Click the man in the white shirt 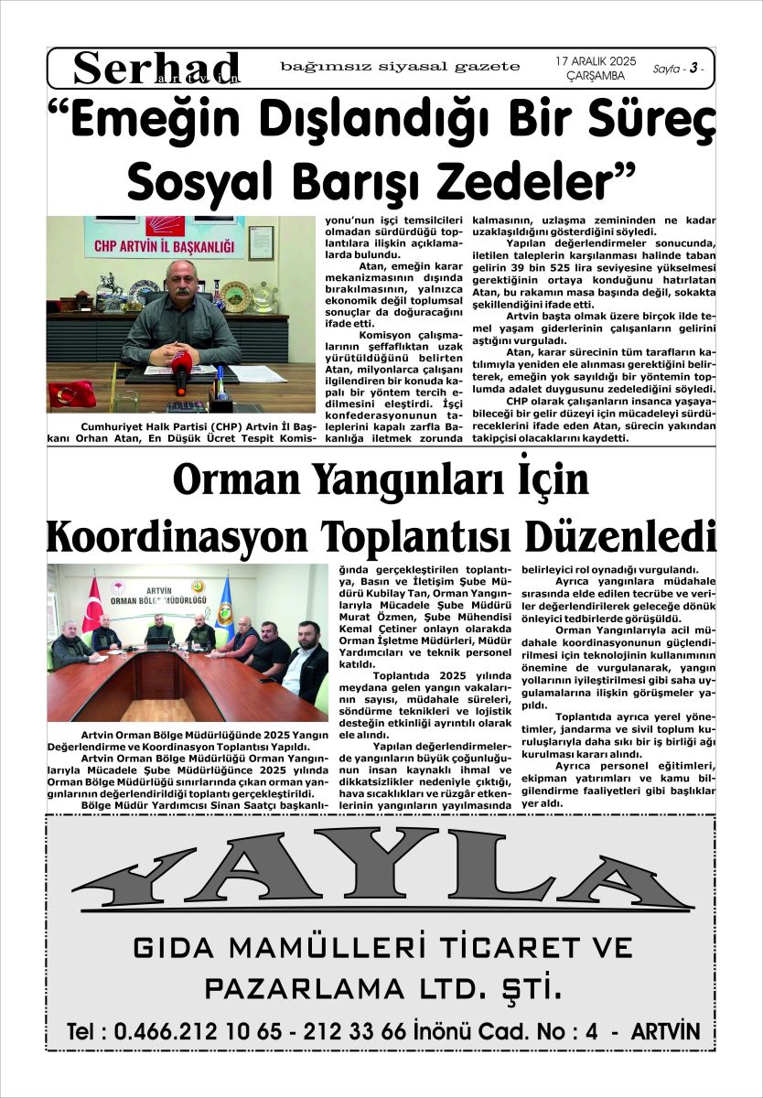click(306, 663)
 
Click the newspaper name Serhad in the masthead click(156, 68)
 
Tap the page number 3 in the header click(694, 69)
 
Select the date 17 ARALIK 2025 click(589, 59)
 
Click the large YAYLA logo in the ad click(381, 879)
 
